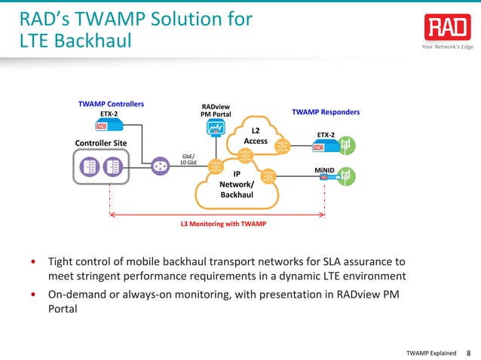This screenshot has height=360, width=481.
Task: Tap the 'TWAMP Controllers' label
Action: [x=111, y=103]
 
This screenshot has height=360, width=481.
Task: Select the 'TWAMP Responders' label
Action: [x=325, y=112]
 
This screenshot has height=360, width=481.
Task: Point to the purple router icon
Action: [x=160, y=166]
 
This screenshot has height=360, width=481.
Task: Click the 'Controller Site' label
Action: [x=101, y=143]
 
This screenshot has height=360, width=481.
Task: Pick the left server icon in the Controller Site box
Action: [x=89, y=166]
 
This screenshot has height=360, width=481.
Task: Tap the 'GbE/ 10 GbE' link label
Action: [x=188, y=160]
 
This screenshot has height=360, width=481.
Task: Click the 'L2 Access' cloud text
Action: [x=256, y=136]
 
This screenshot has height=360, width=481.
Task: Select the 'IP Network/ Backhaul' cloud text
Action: [x=237, y=185]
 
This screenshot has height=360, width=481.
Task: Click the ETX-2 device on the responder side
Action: [x=323, y=147]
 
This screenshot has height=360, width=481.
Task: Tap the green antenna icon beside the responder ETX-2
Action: [x=347, y=143]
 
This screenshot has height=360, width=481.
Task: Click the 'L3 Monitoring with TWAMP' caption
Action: [x=222, y=224]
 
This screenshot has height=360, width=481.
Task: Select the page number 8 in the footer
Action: [x=469, y=352]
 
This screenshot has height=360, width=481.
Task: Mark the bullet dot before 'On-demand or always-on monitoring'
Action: [x=33, y=295]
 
